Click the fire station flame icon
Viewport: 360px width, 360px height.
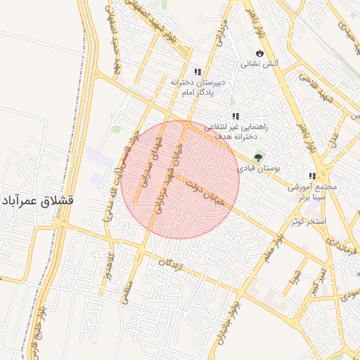(x=259, y=53)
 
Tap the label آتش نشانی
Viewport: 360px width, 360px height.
(x=260, y=63)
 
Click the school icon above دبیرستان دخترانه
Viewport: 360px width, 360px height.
(x=198, y=72)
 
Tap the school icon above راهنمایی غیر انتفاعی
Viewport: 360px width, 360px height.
(x=236, y=116)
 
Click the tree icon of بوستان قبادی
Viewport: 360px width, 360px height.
(x=258, y=157)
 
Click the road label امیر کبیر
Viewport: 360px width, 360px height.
(x=316, y=278)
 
